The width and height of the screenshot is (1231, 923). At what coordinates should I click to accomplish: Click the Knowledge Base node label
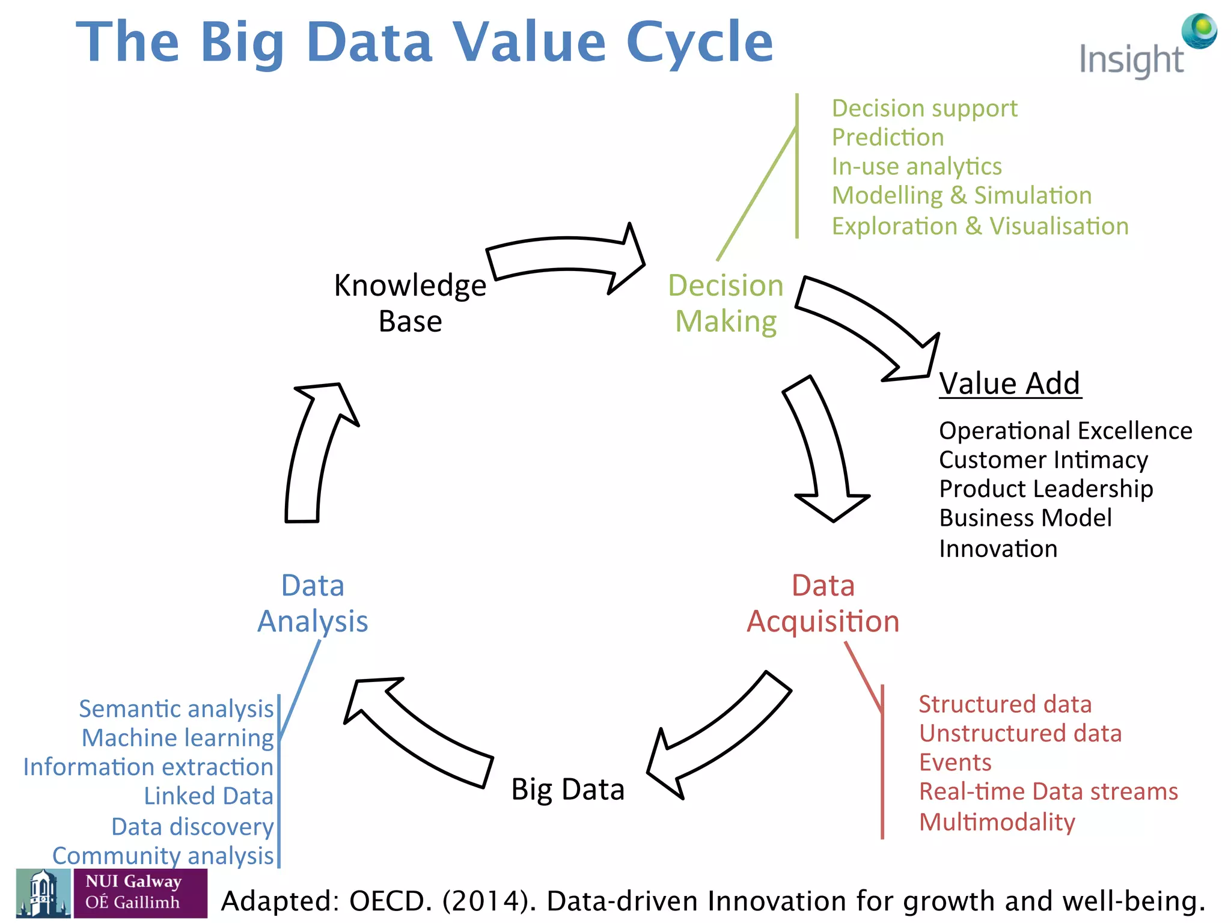[410, 303]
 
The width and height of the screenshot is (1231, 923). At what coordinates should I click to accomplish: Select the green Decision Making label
[725, 303]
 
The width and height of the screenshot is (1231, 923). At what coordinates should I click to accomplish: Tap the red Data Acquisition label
[823, 603]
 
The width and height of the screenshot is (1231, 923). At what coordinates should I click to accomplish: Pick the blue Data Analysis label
[313, 603]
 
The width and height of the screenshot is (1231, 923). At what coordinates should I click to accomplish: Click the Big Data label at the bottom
[567, 789]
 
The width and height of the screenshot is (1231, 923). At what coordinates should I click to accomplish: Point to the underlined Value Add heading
[1010, 383]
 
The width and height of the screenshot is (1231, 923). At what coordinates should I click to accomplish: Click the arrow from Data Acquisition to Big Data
[721, 739]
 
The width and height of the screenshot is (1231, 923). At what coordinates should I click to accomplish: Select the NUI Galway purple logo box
[140, 892]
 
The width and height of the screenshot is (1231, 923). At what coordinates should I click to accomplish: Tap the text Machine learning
[178, 738]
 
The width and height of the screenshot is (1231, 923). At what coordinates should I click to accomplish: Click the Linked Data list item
[209, 796]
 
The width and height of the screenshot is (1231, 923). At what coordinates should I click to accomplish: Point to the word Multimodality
[997, 822]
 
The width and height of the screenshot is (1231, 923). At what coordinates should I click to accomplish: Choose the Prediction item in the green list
[888, 138]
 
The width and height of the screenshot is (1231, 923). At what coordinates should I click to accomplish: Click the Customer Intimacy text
[1043, 460]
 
